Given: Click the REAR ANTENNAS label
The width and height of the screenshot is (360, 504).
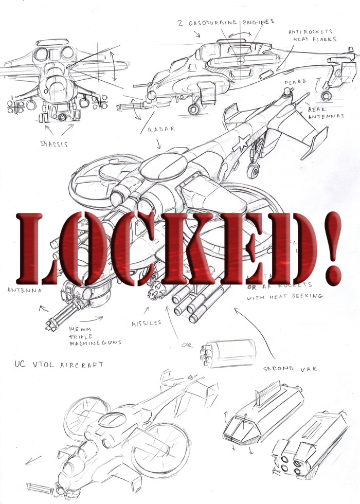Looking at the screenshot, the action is click(x=325, y=113).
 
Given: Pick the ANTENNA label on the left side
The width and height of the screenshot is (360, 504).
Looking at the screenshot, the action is click(x=24, y=291).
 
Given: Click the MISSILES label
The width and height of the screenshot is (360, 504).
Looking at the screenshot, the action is click(x=146, y=322).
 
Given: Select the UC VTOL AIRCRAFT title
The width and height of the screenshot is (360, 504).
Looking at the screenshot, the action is click(x=60, y=365).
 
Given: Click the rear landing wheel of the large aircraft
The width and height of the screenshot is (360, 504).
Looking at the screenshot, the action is click(x=253, y=172).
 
